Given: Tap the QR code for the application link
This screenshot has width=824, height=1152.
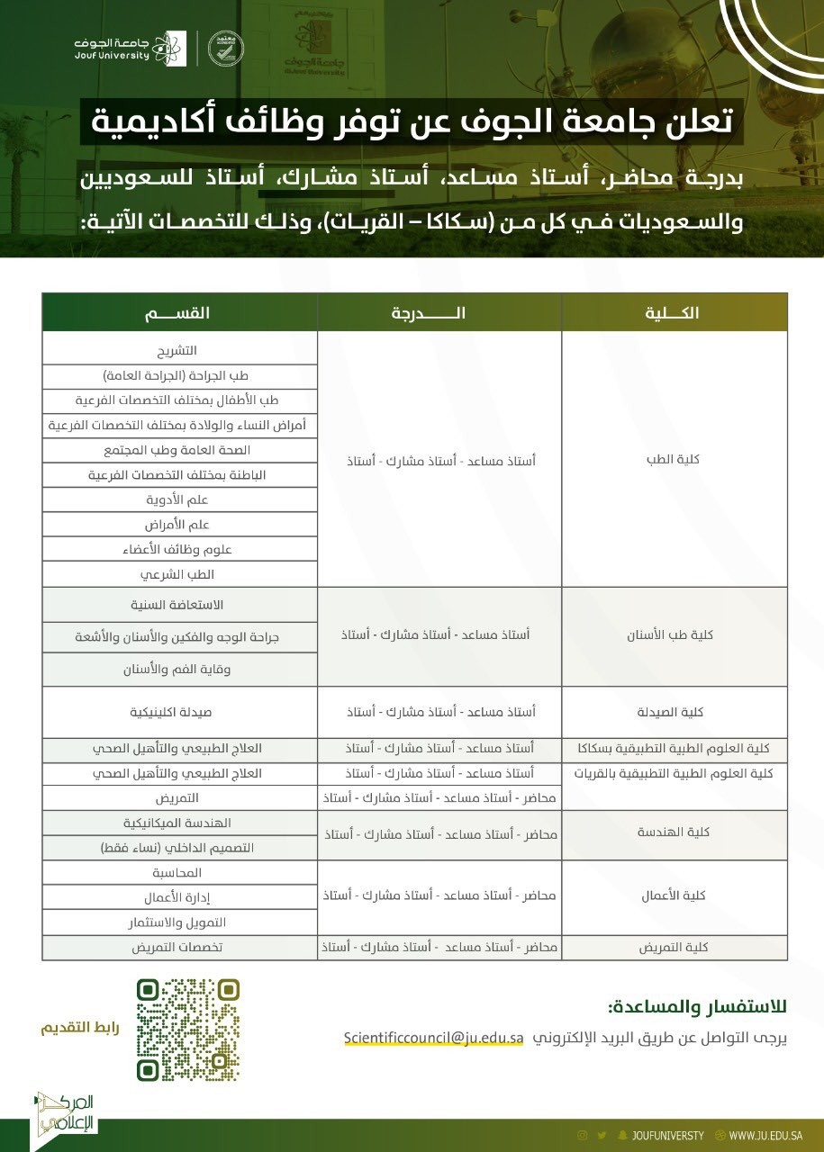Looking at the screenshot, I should (188, 1029).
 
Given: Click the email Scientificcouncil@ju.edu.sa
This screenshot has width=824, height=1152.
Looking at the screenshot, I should (433, 1037).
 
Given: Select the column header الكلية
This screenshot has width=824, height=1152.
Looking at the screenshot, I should (675, 312).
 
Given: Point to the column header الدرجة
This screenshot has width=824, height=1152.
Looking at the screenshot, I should (439, 312).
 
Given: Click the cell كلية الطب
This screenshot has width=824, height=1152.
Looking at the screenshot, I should (675, 459).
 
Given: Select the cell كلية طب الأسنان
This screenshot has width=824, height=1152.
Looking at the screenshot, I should (675, 634).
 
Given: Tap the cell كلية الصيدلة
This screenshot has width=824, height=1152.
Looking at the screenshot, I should (675, 712).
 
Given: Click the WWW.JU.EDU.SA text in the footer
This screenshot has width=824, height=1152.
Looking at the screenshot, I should (765, 1135).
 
